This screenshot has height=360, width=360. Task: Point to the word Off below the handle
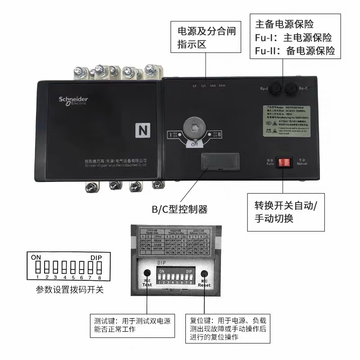194,144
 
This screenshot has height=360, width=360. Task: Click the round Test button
147,274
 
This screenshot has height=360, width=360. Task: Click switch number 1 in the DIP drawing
39,267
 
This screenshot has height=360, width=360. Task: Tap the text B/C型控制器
179,209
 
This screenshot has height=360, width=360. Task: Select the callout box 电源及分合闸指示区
207,38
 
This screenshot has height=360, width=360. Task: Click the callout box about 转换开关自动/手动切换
286,212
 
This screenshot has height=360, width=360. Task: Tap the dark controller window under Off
220,161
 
